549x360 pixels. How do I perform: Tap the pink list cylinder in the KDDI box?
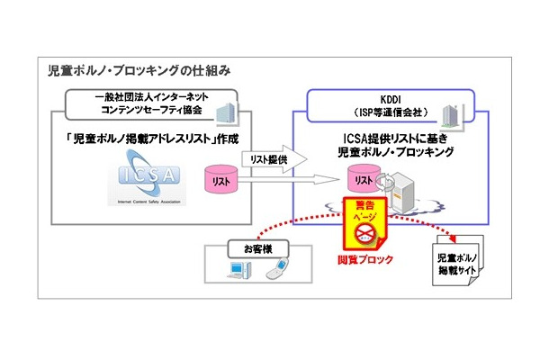point(364,180)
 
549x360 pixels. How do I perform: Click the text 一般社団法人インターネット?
point(145,97)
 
